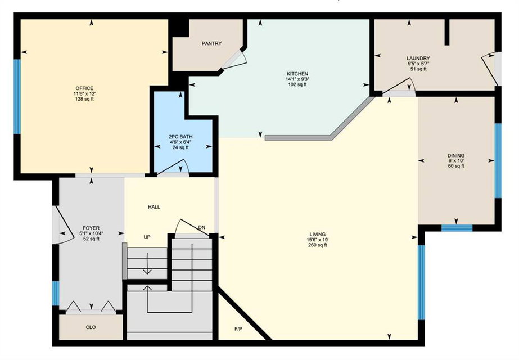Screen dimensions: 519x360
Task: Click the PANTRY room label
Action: tap(212, 43)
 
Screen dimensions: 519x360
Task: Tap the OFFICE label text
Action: tap(84, 88)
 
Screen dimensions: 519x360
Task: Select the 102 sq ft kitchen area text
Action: tap(297, 84)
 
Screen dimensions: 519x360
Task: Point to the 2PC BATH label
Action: tap(180, 137)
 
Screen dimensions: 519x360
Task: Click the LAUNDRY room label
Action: tap(418, 58)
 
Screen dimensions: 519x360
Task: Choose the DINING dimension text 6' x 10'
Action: tap(456, 161)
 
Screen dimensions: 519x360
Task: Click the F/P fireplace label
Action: tap(238, 329)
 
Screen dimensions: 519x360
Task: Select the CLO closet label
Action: tap(91, 327)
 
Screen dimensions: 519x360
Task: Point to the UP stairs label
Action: tap(147, 237)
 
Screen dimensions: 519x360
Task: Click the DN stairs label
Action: tap(201, 227)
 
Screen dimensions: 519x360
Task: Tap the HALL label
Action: tap(154, 207)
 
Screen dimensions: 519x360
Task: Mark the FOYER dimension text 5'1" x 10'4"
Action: tap(91, 233)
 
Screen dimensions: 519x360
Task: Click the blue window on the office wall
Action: tap(17, 97)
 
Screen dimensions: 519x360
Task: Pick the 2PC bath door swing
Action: tap(173, 166)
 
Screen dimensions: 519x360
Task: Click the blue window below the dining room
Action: tap(457, 228)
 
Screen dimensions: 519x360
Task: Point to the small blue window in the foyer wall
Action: tap(56, 294)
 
